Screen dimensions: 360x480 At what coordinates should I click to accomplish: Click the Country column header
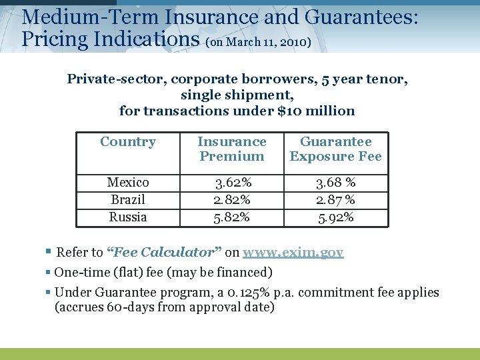(128, 142)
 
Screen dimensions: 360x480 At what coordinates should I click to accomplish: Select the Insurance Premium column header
(232, 149)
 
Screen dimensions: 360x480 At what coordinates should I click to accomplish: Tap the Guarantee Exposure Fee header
(336, 149)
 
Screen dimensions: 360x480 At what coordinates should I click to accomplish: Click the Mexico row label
(128, 183)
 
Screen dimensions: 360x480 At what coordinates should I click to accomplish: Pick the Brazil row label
(128, 200)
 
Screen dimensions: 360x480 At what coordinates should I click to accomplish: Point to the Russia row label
(128, 217)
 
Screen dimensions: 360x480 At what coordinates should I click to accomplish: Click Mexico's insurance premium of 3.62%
(232, 183)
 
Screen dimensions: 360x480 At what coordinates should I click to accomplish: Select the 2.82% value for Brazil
(232, 200)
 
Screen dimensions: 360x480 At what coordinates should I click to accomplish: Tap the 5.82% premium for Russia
(232, 217)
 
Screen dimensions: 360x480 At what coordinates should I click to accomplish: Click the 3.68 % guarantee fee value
(335, 183)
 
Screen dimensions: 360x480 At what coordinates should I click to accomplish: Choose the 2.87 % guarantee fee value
(335, 200)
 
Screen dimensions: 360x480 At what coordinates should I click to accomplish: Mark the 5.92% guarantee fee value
(335, 217)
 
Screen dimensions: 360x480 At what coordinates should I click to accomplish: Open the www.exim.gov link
(293, 253)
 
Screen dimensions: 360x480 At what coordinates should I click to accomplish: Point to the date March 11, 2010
(267, 43)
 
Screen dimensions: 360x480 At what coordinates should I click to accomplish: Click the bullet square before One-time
(49, 273)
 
